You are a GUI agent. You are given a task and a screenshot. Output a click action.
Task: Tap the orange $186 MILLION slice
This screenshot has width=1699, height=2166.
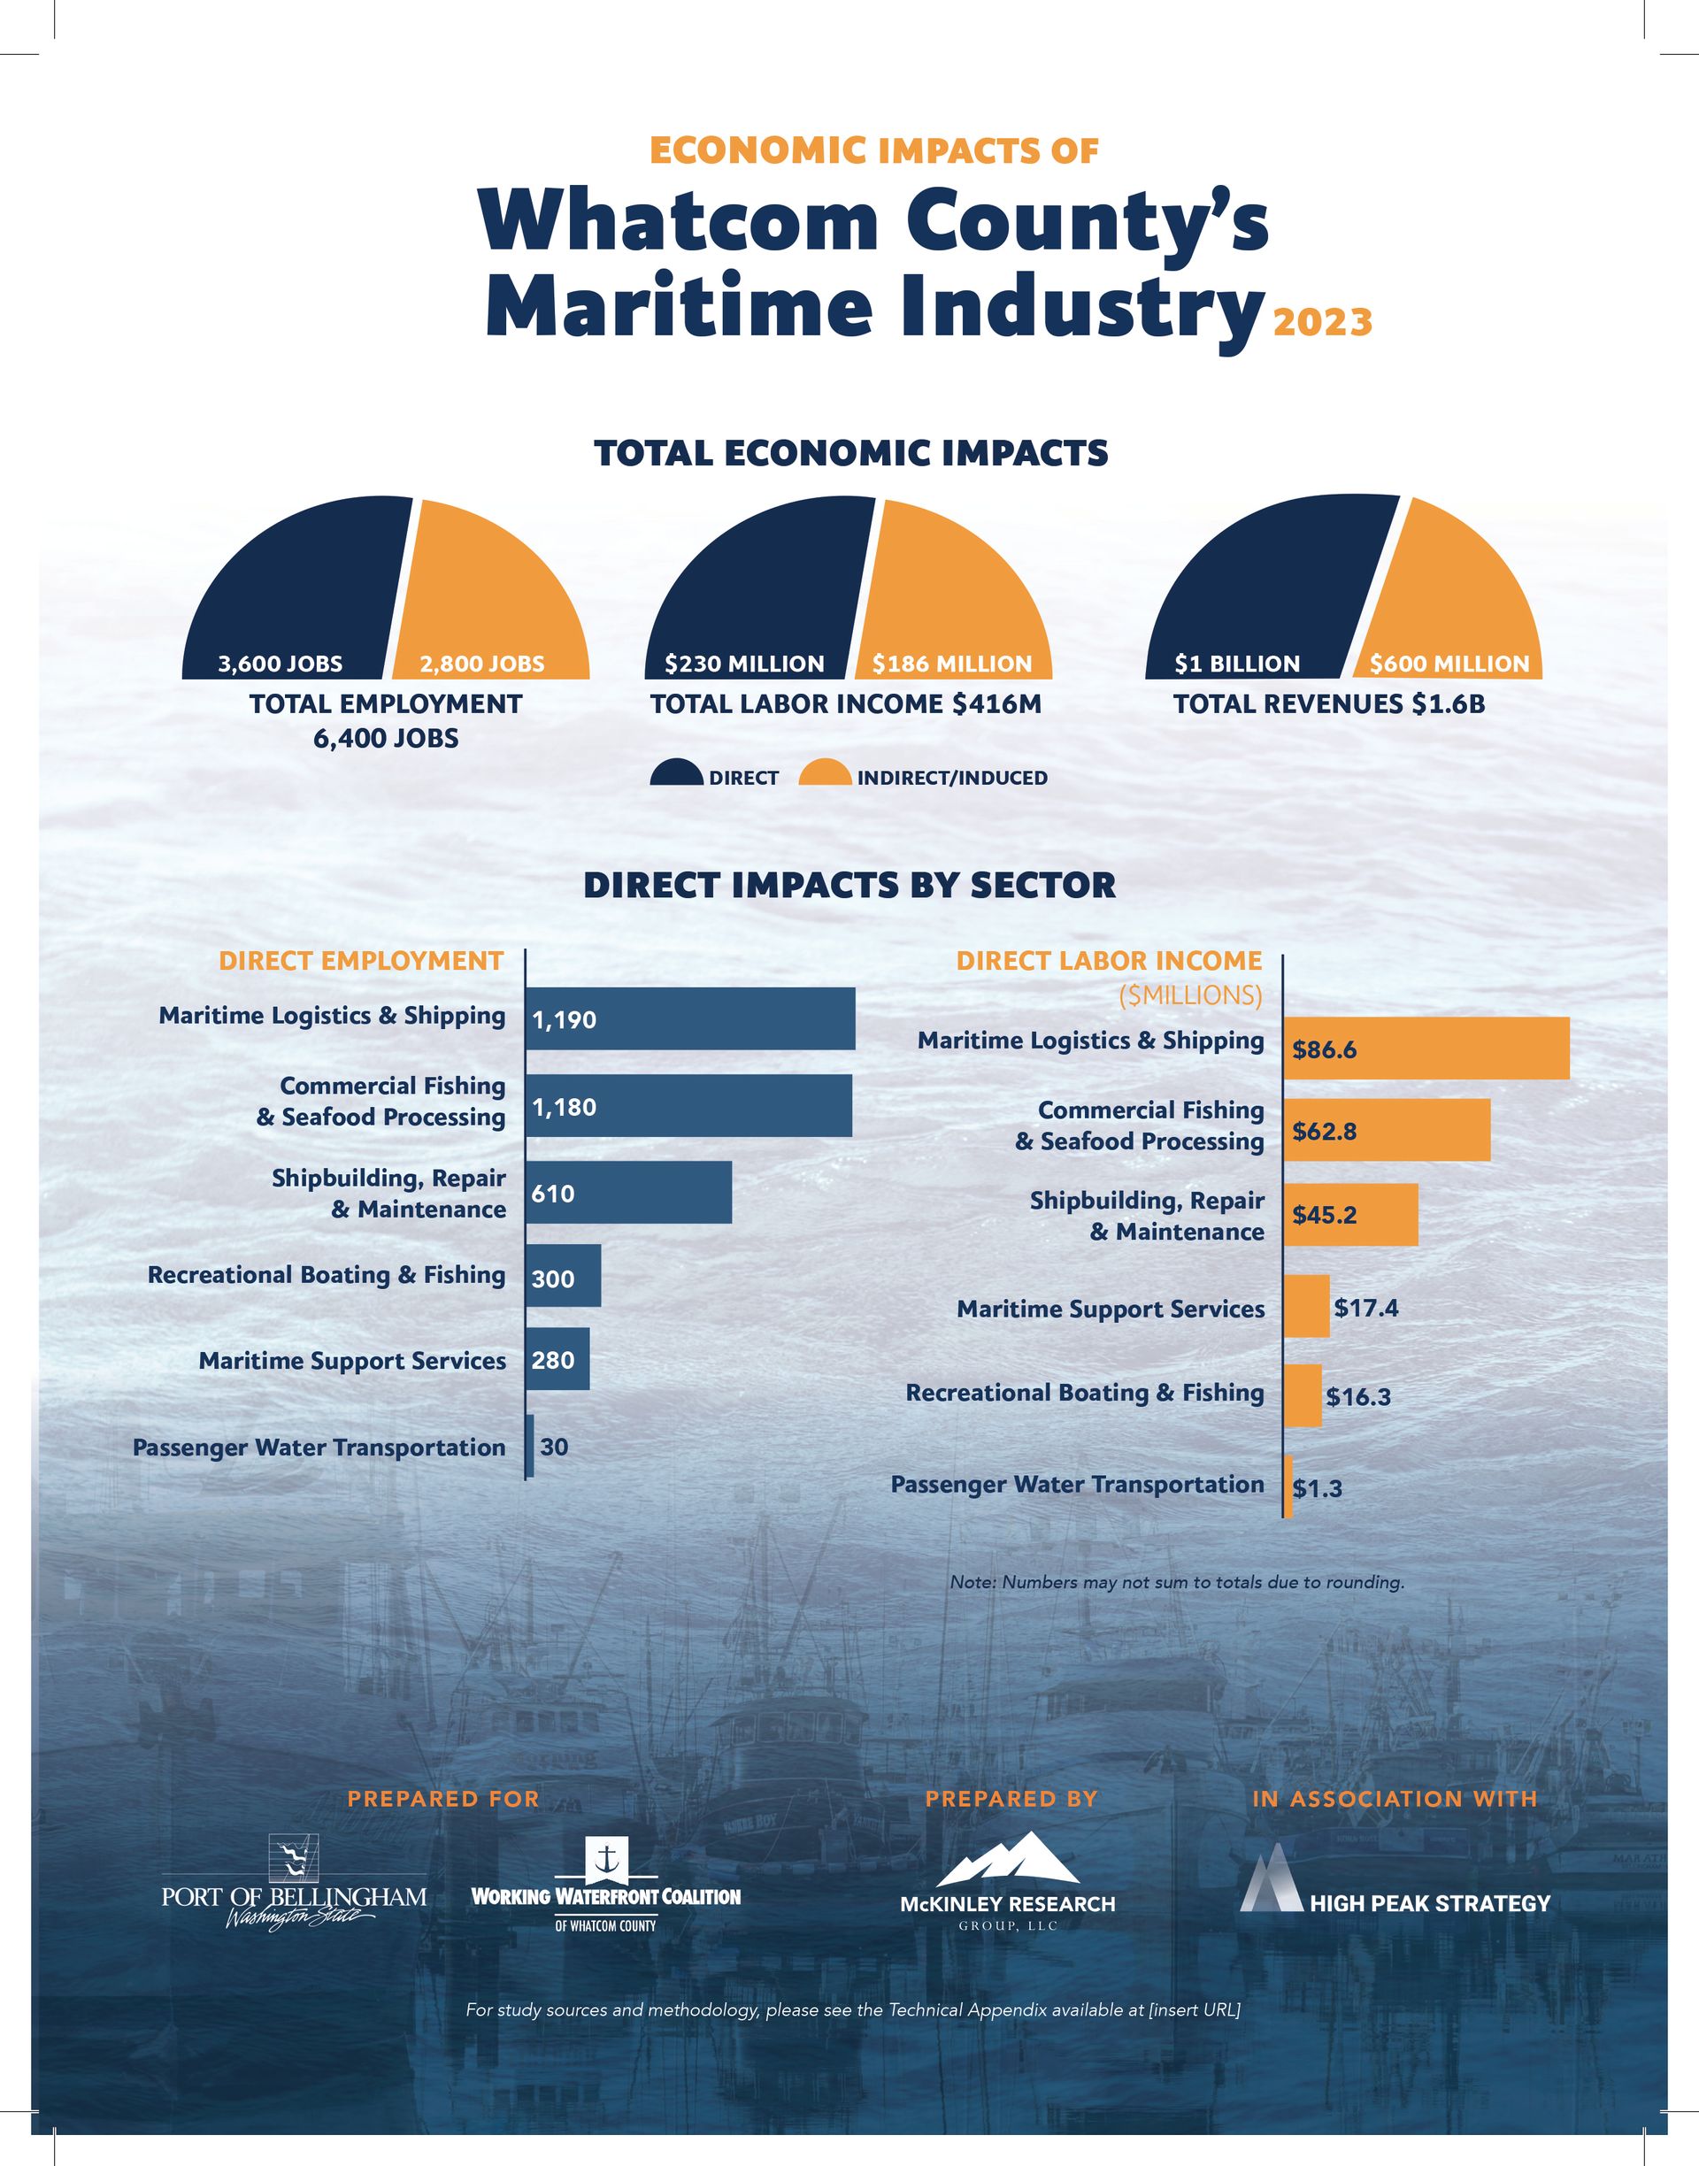click(945, 596)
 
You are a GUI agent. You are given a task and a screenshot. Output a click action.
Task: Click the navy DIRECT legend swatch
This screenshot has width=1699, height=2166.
click(676, 773)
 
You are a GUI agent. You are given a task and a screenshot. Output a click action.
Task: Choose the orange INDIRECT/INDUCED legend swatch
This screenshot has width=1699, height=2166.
click(825, 773)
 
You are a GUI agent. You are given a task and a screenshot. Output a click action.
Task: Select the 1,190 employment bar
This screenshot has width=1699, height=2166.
click(689, 1018)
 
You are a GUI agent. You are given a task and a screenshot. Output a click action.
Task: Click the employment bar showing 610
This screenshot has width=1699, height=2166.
click(628, 1193)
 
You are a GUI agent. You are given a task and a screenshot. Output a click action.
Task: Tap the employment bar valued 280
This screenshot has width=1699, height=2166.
click(557, 1359)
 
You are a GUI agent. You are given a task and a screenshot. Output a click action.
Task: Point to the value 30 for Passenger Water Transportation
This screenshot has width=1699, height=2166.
click(554, 1446)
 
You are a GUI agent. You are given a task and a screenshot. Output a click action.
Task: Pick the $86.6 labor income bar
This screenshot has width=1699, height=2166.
click(1426, 1048)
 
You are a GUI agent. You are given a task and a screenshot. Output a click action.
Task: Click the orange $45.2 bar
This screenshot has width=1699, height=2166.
click(1349, 1214)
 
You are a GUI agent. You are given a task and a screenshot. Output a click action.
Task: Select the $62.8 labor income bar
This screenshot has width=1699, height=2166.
click(1387, 1131)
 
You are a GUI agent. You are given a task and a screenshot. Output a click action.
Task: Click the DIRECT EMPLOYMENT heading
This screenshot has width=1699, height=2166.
click(361, 961)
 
